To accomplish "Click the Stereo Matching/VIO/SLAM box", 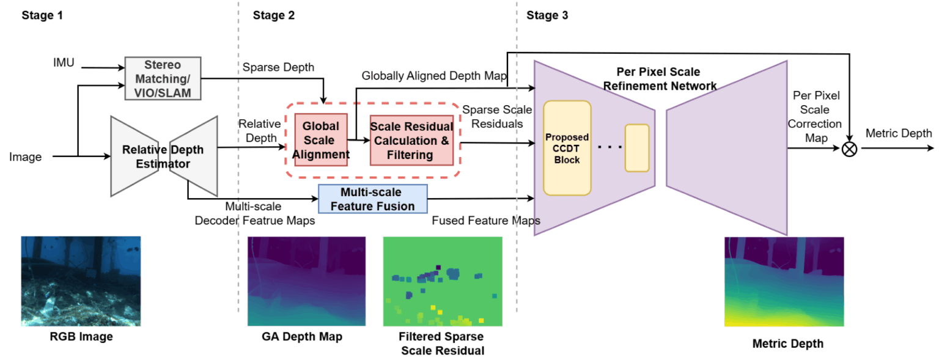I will point(163,78).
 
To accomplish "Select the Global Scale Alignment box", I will point(321,140).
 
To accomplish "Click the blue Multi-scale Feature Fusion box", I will point(372,199).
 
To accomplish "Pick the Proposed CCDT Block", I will point(567,148).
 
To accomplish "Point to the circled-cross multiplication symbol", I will point(849,149).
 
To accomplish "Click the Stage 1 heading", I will point(42,15).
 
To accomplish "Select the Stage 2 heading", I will point(273,15).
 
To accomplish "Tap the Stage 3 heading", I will point(547,15).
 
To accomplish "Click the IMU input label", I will point(64,62).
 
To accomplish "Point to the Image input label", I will point(25,157).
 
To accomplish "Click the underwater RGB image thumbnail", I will point(81,281).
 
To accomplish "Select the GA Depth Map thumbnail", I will point(306,281).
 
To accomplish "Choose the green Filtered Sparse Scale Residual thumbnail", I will point(442,281).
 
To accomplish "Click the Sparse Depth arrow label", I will point(278,67).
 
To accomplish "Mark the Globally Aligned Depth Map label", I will point(434,76).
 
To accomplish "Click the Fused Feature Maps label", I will point(486,221).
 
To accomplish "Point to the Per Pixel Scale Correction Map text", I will point(816,117).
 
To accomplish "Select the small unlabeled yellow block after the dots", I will point(636,148).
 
